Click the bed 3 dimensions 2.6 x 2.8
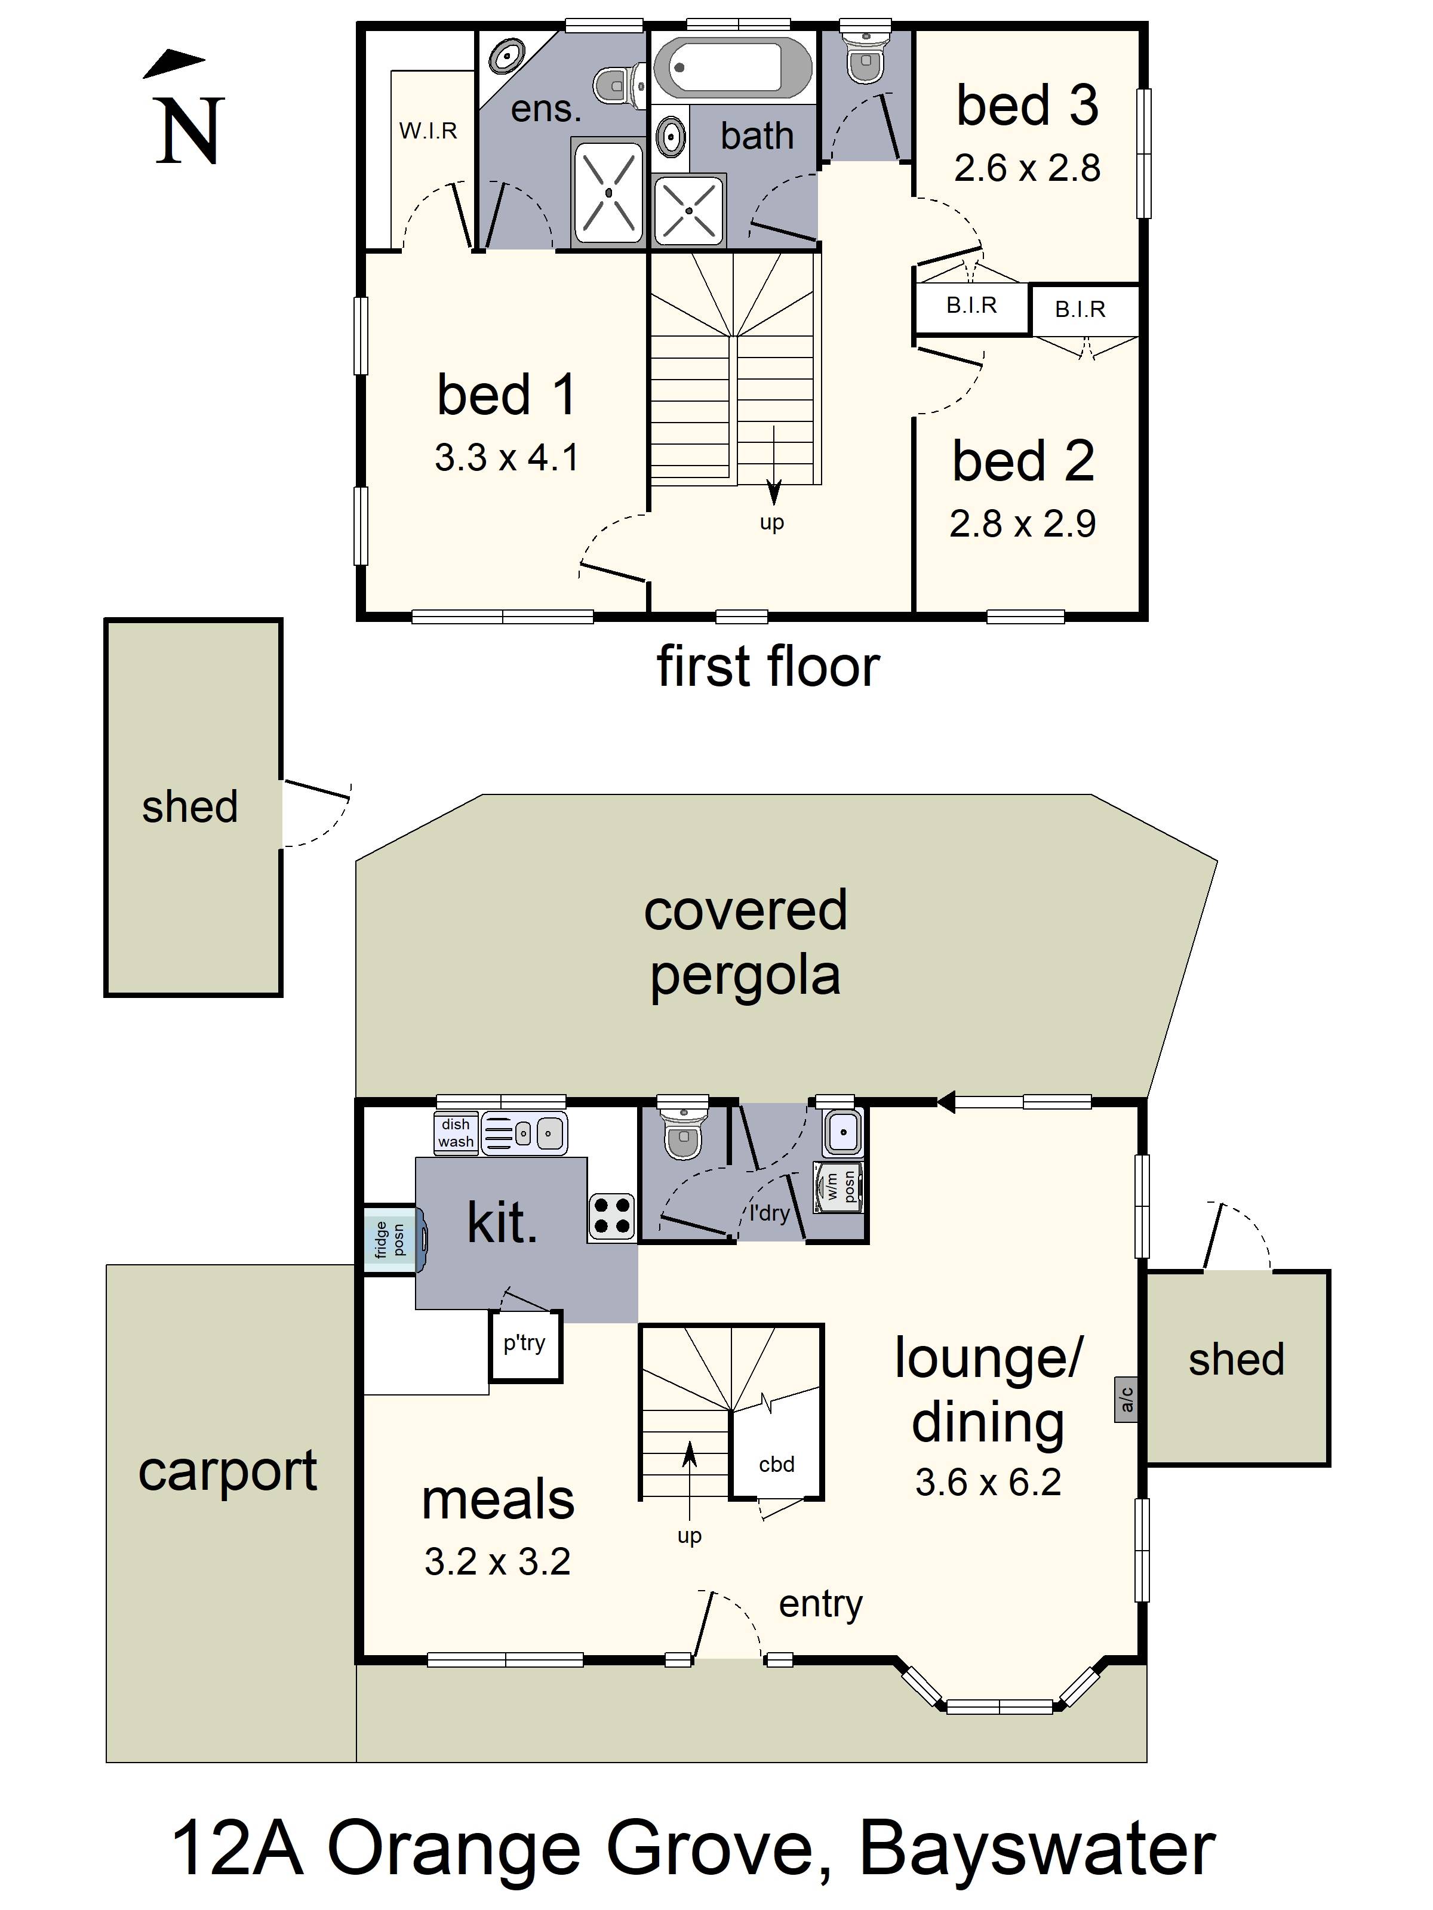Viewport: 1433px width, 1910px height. [1027, 168]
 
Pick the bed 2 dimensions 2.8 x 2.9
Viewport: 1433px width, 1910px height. [1023, 523]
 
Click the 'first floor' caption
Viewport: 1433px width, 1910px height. [768, 667]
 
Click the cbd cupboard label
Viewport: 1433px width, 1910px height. [777, 1465]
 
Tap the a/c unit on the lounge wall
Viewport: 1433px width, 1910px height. [1126, 1399]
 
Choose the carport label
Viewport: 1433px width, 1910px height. [228, 1471]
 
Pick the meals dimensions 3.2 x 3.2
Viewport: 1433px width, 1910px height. [497, 1561]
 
